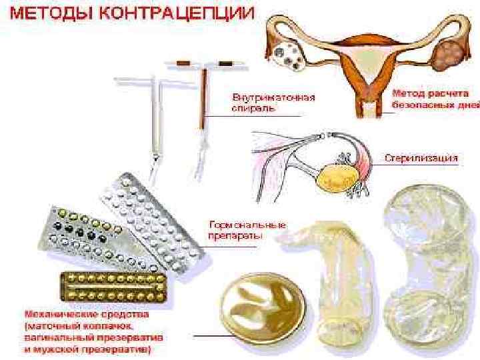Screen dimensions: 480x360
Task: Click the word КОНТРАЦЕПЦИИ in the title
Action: [x=176, y=15]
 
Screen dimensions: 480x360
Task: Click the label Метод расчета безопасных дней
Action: [x=433, y=98]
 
